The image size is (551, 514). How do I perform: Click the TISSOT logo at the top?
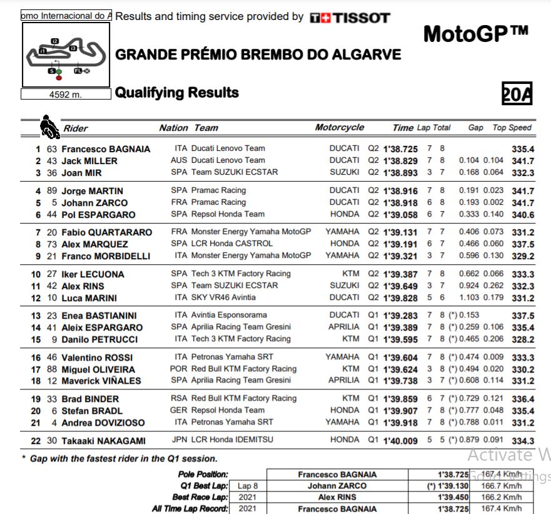[350, 18]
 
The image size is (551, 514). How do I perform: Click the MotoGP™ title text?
[475, 34]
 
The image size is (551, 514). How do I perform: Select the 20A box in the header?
[517, 95]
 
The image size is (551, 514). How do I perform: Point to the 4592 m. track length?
[65, 95]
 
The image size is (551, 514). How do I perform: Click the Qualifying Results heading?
[177, 93]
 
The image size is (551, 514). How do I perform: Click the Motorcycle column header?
[339, 128]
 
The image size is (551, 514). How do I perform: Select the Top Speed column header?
[512, 128]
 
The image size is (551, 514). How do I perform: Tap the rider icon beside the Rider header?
[49, 126]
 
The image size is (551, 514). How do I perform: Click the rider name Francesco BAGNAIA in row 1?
[106, 149]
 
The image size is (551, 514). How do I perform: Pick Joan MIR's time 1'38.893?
[400, 173]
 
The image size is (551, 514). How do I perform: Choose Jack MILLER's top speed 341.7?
[522, 161]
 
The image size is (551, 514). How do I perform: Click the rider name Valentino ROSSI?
[98, 357]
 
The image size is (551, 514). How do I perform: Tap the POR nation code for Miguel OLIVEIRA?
[178, 369]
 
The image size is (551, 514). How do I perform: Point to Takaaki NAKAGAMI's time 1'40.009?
[400, 441]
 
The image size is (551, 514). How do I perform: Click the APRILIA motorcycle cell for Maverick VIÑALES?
[343, 381]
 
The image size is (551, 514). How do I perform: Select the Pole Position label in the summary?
[203, 475]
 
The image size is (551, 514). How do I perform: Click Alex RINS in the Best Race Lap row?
[337, 497]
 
